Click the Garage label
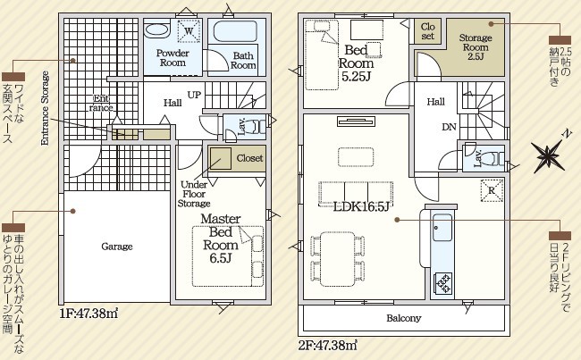(117, 247)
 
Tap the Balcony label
(403, 318)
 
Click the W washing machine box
(189, 30)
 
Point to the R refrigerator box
(492, 190)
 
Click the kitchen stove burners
(443, 283)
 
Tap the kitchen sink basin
(442, 228)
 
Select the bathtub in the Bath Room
(235, 31)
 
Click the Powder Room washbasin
(157, 30)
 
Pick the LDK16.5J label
(361, 206)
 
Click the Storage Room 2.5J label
(476, 47)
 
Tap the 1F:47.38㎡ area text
(88, 314)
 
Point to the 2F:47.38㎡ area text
(327, 346)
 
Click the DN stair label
(449, 127)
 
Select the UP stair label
(194, 95)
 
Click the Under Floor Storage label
(194, 194)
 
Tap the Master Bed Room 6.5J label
(221, 239)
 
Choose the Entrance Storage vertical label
(45, 108)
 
